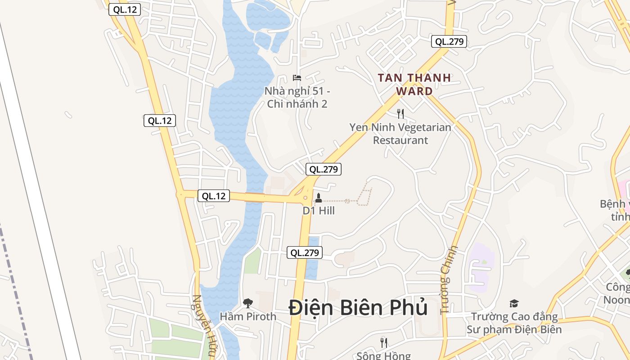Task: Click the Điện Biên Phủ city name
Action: pyautogui.click(x=358, y=308)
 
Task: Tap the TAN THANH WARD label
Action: pyautogui.click(x=414, y=84)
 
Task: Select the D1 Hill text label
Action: pyautogui.click(x=319, y=211)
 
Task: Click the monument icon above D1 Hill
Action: pyautogui.click(x=319, y=198)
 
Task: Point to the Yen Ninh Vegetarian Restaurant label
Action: pyautogui.click(x=400, y=134)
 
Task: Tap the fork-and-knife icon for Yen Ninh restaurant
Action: pyautogui.click(x=400, y=114)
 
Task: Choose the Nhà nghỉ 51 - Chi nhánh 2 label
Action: pyautogui.click(x=297, y=98)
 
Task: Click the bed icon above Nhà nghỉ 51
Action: pyautogui.click(x=297, y=78)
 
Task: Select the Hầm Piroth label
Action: pyautogui.click(x=248, y=316)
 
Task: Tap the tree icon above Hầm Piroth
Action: pyautogui.click(x=247, y=303)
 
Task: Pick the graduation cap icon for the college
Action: pyautogui.click(x=514, y=304)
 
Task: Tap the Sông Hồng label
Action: pyautogui.click(x=383, y=356)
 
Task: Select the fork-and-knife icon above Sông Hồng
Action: pyautogui.click(x=384, y=343)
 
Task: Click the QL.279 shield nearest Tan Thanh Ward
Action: pyautogui.click(x=449, y=42)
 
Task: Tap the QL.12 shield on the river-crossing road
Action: pyautogui.click(x=214, y=196)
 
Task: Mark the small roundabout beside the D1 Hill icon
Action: pyautogui.click(x=306, y=197)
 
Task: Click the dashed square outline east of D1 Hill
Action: pyautogui.click(x=365, y=197)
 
